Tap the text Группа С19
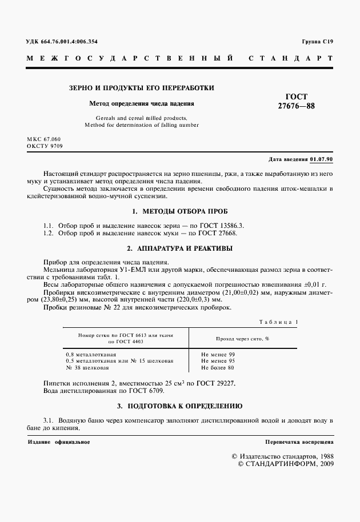click(317, 42)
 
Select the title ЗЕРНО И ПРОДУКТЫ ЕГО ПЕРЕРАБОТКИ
click(142, 88)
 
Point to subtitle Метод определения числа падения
click(142, 104)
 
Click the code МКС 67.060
click(43, 139)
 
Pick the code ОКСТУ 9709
click(45, 146)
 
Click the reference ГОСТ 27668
click(219, 233)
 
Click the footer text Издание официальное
click(58, 442)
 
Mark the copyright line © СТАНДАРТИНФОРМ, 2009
click(285, 464)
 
